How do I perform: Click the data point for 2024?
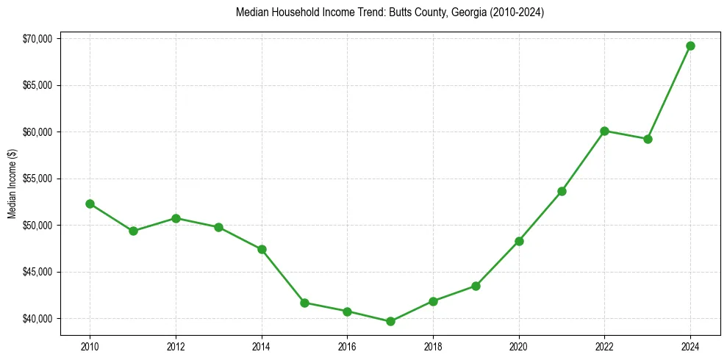(x=690, y=46)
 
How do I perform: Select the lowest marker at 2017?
(x=390, y=321)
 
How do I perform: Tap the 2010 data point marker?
(x=90, y=204)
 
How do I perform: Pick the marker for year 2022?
(x=604, y=131)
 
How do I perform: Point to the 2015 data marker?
(x=304, y=303)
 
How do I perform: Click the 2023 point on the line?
(x=648, y=139)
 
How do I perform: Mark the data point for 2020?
(x=519, y=241)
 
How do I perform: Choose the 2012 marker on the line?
(x=176, y=218)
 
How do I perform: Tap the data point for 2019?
(x=476, y=286)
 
